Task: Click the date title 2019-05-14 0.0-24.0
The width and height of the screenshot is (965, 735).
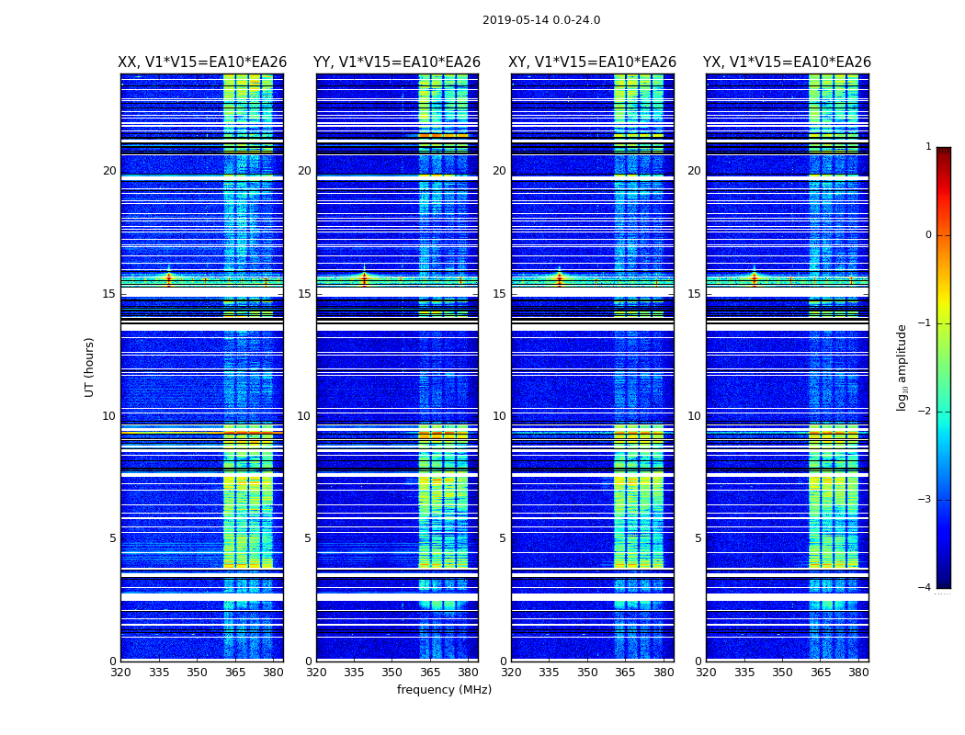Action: click(541, 20)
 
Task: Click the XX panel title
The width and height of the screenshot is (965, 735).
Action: click(202, 62)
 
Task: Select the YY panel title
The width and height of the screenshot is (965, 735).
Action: click(397, 62)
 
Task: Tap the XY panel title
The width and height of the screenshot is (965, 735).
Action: click(593, 62)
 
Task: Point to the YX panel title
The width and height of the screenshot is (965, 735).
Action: click(787, 62)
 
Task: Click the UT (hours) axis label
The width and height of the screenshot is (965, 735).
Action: click(90, 367)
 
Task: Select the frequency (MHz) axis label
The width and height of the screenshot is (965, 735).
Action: click(444, 690)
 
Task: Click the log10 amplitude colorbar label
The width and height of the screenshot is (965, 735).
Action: click(903, 367)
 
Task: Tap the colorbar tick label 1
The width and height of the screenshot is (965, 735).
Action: click(928, 147)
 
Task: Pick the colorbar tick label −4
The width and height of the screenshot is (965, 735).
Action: click(925, 588)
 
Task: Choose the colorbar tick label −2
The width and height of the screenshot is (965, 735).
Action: click(925, 412)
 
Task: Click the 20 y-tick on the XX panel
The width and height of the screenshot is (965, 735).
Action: click(109, 171)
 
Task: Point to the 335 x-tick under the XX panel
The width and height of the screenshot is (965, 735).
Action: click(159, 673)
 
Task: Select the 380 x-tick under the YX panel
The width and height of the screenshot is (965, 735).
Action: click(858, 673)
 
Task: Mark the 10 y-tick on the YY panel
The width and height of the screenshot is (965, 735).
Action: click(304, 416)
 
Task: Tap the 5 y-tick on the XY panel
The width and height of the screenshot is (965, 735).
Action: click(503, 538)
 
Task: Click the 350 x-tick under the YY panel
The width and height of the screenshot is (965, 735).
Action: click(392, 673)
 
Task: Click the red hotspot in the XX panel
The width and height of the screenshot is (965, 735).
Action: click(169, 277)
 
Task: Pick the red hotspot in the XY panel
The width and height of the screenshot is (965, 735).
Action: click(559, 277)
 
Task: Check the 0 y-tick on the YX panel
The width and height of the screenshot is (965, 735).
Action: click(698, 661)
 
